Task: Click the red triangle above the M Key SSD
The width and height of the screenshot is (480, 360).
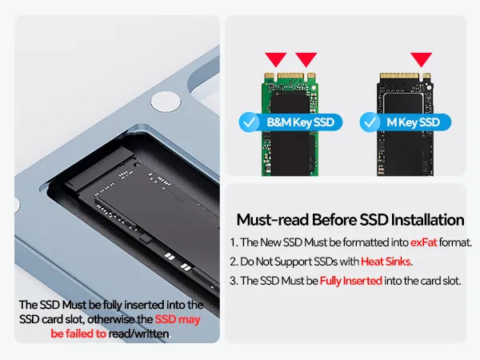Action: pyautogui.click(x=421, y=58)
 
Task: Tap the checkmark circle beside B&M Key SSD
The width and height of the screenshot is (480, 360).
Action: pyautogui.click(x=249, y=122)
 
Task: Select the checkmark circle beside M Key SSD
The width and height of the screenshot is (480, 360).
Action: pyautogui.click(x=370, y=122)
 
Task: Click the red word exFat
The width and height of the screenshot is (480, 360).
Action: pyautogui.click(x=423, y=242)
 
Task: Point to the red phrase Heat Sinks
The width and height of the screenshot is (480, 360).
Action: pyautogui.click(x=386, y=262)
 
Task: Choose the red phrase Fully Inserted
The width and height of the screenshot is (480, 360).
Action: pyautogui.click(x=351, y=281)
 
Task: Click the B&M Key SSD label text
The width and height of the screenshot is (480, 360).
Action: pyautogui.click(x=300, y=122)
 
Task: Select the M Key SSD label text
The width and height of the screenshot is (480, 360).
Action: pyautogui.click(x=413, y=122)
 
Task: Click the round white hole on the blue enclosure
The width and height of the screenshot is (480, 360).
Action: pyautogui.click(x=166, y=102)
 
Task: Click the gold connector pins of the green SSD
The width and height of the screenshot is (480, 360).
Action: pyautogui.click(x=290, y=76)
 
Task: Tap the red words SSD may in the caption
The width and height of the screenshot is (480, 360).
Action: pyautogui.click(x=178, y=319)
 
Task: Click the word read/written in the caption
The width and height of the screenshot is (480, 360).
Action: pyautogui.click(x=138, y=334)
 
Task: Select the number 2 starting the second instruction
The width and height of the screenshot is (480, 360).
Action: pyautogui.click(x=234, y=262)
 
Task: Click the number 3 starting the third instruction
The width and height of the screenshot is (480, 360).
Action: pyautogui.click(x=234, y=281)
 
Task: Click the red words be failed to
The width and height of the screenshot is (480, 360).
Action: pyautogui.click(x=78, y=334)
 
